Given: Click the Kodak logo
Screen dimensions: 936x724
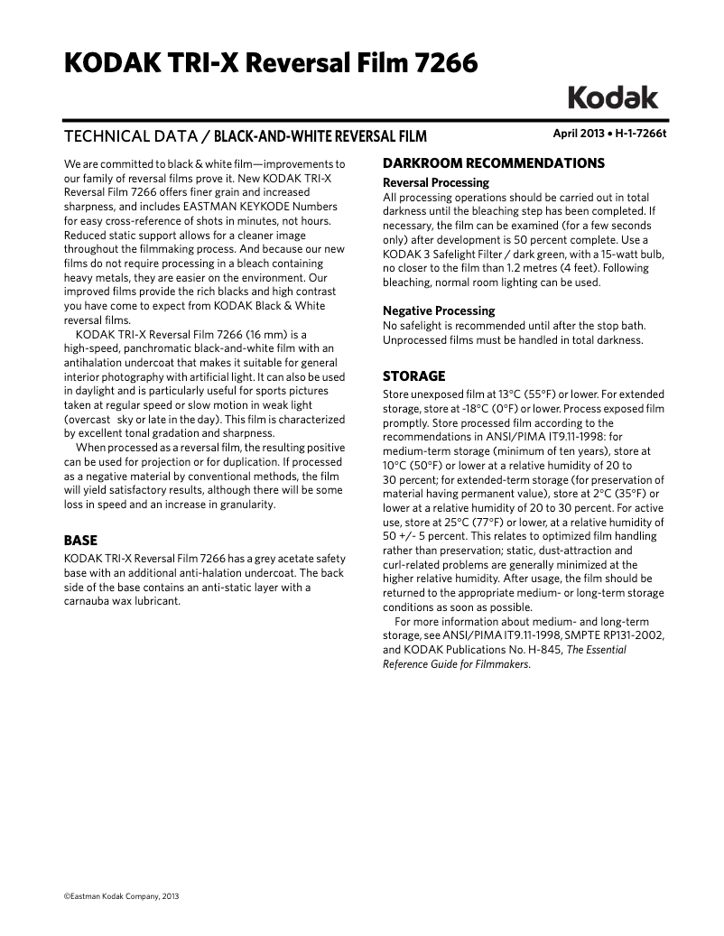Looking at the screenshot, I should pos(613,97).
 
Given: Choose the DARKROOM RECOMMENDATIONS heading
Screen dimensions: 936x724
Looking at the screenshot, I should pos(494,163).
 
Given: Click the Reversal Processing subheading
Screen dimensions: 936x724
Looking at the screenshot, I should pos(436,182).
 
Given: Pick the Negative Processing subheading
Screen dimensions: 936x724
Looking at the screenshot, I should pos(439,310).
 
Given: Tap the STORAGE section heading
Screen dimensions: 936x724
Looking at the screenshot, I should pos(414,375).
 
